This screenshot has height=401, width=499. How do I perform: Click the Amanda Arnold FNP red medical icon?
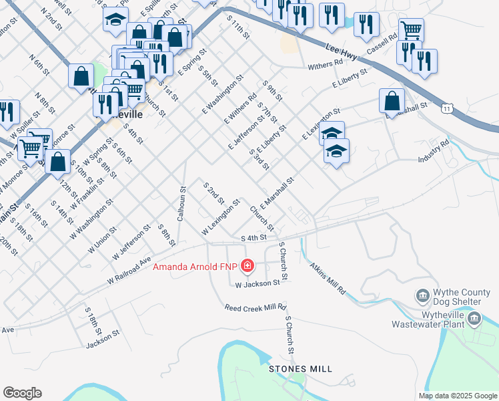point(247,267)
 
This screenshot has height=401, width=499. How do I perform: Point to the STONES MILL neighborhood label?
point(300,369)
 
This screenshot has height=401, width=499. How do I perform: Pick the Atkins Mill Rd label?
point(328,277)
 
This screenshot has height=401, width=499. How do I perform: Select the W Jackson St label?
point(257,284)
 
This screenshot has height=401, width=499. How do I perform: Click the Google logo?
point(22,393)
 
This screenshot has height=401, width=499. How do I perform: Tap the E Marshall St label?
point(278,193)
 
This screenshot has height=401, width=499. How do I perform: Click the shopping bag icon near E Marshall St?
point(392,101)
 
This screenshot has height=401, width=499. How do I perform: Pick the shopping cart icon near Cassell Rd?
point(412,29)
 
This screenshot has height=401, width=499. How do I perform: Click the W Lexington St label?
point(221,218)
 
